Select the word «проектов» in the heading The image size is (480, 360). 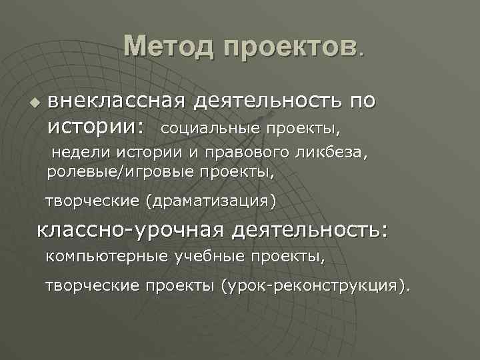(x=289, y=47)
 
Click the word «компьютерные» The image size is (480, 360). (x=107, y=256)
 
